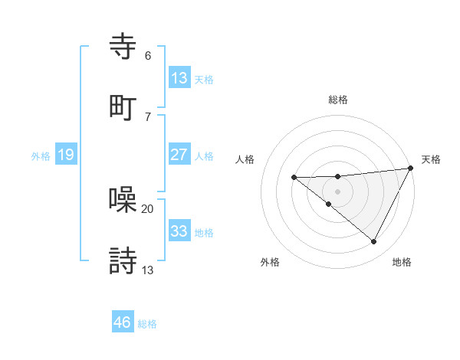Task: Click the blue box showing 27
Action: tap(179, 155)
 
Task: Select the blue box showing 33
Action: tap(179, 231)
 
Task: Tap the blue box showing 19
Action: tap(66, 155)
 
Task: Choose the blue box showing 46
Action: tap(122, 322)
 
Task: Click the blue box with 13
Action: tap(179, 78)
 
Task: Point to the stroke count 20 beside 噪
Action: tap(148, 208)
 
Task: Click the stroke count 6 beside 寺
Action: tap(148, 56)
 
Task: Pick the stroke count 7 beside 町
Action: tap(148, 116)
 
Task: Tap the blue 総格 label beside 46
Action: tap(147, 324)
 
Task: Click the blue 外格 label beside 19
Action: tap(41, 156)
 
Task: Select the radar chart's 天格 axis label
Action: tap(431, 159)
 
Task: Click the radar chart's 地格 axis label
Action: tap(402, 262)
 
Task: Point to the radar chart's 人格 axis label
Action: tap(245, 159)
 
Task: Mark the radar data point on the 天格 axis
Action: tap(412, 168)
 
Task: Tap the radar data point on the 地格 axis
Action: tap(374, 242)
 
